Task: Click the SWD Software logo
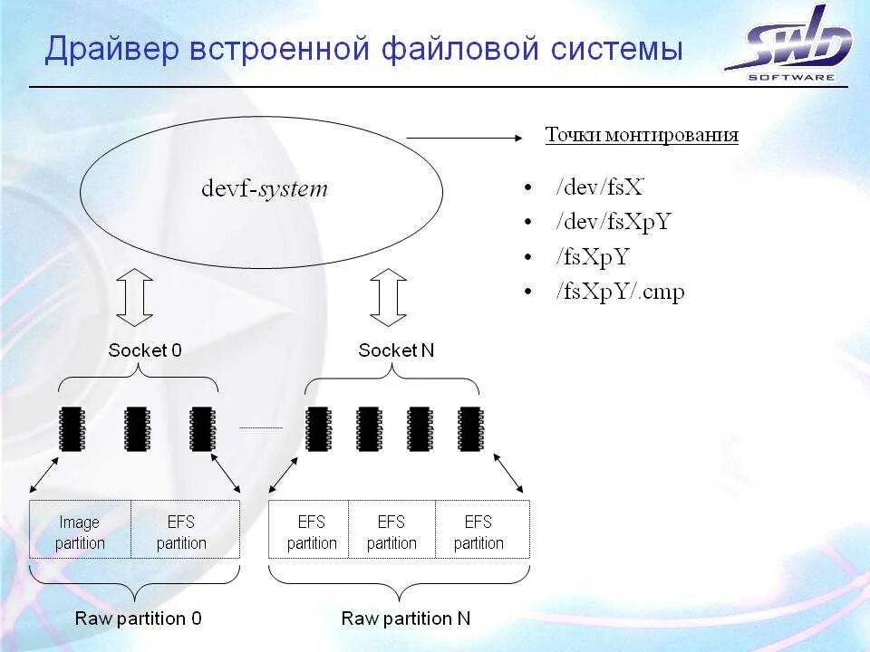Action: coord(790,45)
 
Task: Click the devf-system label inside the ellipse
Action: coord(264,189)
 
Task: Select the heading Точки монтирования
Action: coord(642,136)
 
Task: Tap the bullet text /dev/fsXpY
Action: coord(614,223)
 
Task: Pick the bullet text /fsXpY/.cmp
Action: coord(621,292)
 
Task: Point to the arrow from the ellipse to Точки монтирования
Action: coord(465,138)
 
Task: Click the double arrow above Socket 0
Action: coord(135,297)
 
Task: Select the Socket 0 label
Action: coord(145,350)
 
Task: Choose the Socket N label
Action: coord(396,350)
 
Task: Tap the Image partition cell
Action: coord(80,532)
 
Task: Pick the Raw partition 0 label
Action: coord(139,619)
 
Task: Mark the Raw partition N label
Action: coord(406,619)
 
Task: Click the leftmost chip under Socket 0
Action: coord(72,428)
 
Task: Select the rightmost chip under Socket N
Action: coord(469,428)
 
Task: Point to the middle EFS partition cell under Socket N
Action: coord(391,532)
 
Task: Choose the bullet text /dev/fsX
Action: coord(601,188)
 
